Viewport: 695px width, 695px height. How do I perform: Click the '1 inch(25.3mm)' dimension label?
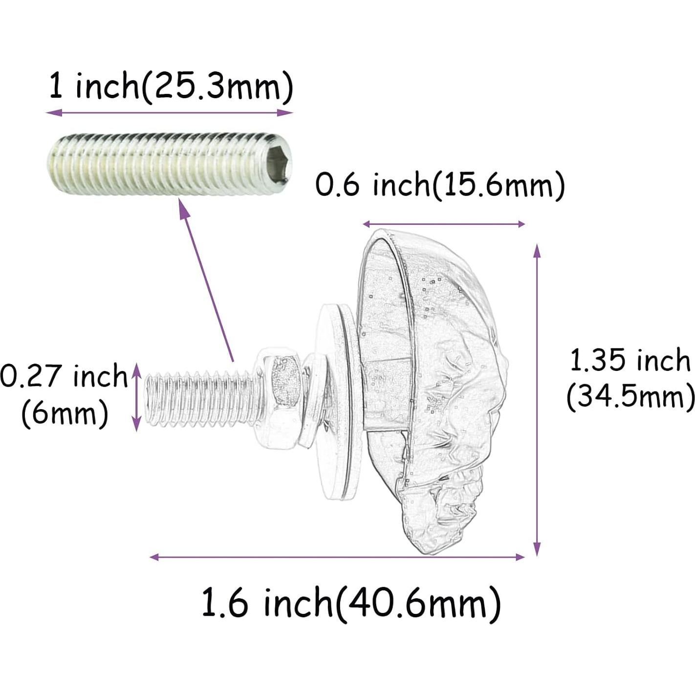click(x=171, y=87)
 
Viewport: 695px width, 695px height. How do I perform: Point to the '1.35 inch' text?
click(x=630, y=361)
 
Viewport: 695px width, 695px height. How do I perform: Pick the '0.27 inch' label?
click(x=64, y=377)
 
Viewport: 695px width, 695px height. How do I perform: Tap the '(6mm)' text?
click(x=65, y=414)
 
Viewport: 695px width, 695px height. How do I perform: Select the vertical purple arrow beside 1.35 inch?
click(x=537, y=399)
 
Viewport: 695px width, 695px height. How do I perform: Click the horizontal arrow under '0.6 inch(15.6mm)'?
click(x=444, y=224)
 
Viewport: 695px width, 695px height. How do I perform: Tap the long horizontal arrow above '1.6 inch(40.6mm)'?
click(x=337, y=557)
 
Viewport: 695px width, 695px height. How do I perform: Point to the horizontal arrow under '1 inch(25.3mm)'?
click(x=170, y=113)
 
